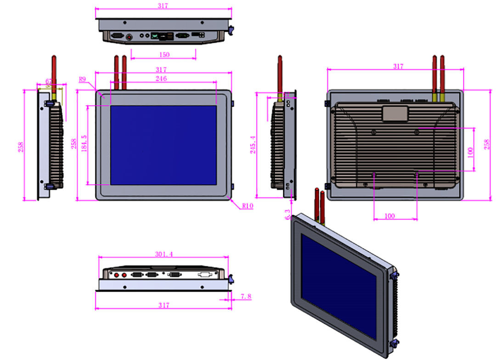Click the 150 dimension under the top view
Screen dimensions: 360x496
pos(164,55)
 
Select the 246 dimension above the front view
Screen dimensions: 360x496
pos(161,79)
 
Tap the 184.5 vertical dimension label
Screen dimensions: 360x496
pos(84,145)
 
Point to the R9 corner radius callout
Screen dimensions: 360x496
pos(83,79)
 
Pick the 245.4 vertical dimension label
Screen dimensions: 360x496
pos(252,145)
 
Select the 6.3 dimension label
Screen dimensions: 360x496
pos(288,214)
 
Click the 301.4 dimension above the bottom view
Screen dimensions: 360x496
pos(164,254)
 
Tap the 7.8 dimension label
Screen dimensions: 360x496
pos(246,297)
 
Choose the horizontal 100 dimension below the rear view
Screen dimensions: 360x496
pos(389,216)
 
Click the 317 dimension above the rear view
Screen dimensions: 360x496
pos(398,66)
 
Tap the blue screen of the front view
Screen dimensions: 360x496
pos(163,145)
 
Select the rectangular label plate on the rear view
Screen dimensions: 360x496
pos(395,113)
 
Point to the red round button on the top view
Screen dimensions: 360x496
pos(129,37)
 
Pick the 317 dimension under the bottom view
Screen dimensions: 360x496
pos(163,305)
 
